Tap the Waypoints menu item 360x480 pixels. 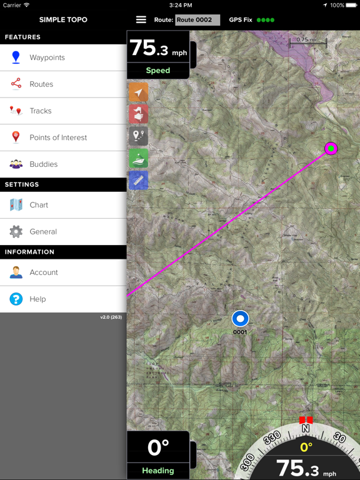[47, 57]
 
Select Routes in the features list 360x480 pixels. [41, 84]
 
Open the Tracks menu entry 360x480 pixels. [41, 111]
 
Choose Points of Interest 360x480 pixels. [58, 137]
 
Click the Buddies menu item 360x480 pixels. [43, 164]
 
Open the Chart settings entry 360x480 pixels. [39, 205]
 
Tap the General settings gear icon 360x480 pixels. [16, 232]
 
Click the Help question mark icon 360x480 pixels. [16, 299]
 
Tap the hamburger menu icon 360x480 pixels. [141, 20]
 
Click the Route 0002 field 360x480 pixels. [197, 20]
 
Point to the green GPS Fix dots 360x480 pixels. [266, 20]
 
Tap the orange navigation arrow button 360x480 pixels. [138, 94]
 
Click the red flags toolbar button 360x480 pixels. [138, 115]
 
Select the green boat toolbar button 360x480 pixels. [138, 158]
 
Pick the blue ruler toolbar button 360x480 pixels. [138, 180]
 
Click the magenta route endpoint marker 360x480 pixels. [331, 149]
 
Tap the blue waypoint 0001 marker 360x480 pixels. [240, 319]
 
